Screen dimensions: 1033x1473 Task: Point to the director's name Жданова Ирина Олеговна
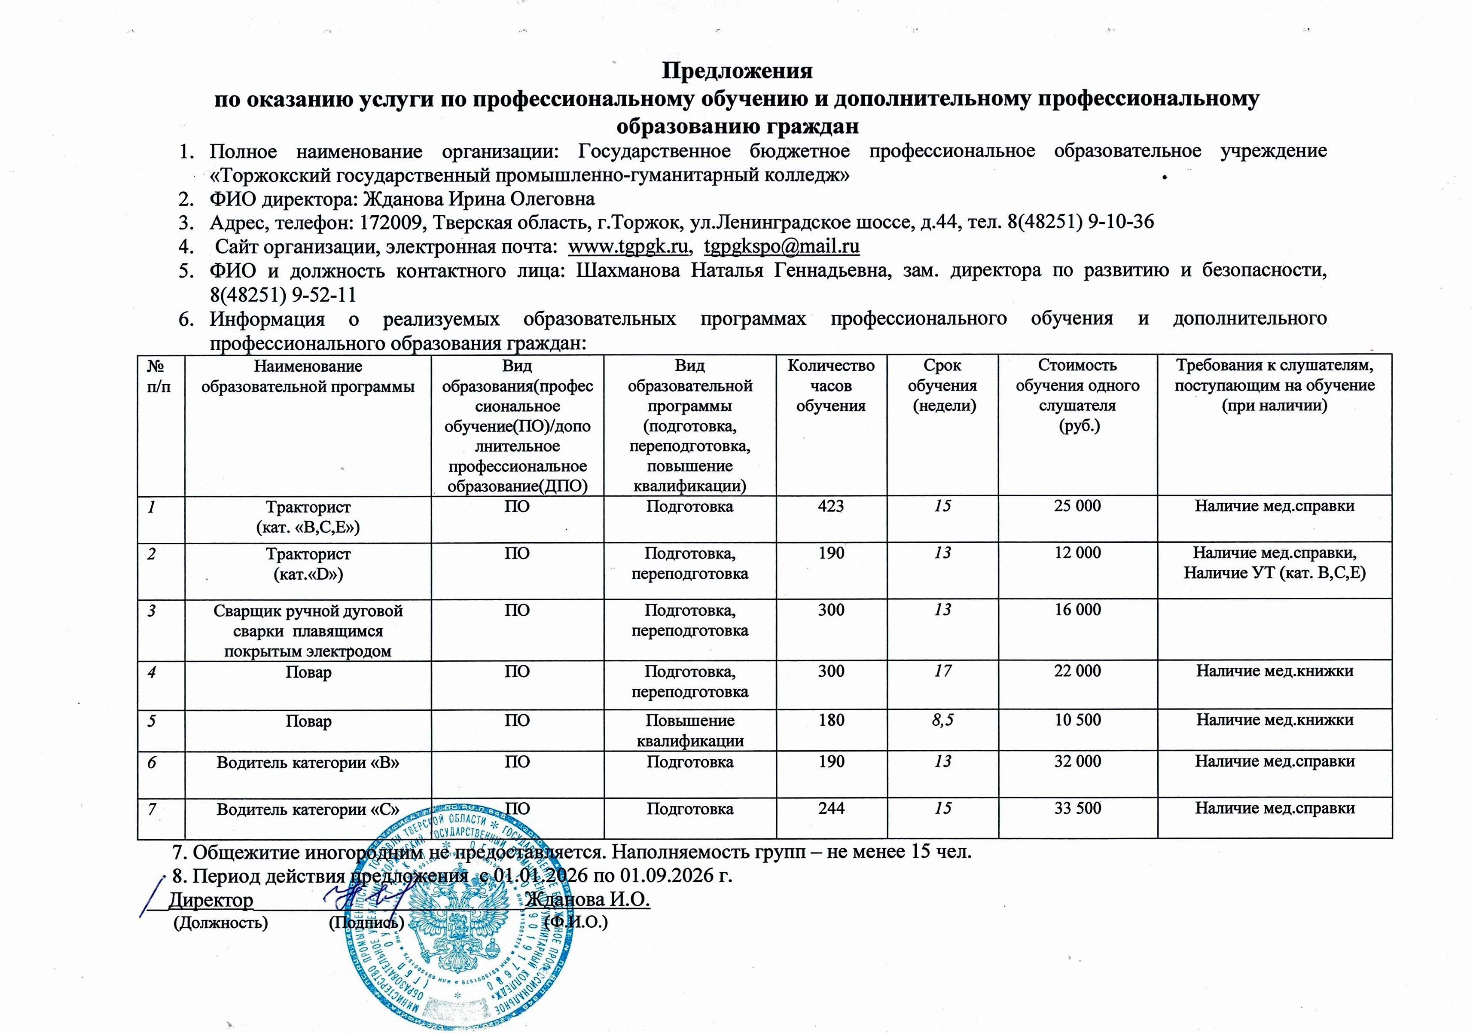(x=479, y=199)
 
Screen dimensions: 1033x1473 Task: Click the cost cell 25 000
(x=1077, y=506)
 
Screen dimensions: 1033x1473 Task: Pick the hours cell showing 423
(x=831, y=506)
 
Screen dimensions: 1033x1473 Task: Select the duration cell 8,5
(x=942, y=720)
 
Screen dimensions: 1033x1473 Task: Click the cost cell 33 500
(x=1077, y=808)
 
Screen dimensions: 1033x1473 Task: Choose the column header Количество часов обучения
(x=831, y=385)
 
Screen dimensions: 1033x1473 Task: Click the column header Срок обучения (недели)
(x=942, y=385)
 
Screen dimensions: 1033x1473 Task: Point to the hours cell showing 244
(x=831, y=808)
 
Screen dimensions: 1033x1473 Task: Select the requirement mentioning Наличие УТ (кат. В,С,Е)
(x=1274, y=573)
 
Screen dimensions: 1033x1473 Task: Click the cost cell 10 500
(x=1077, y=720)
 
